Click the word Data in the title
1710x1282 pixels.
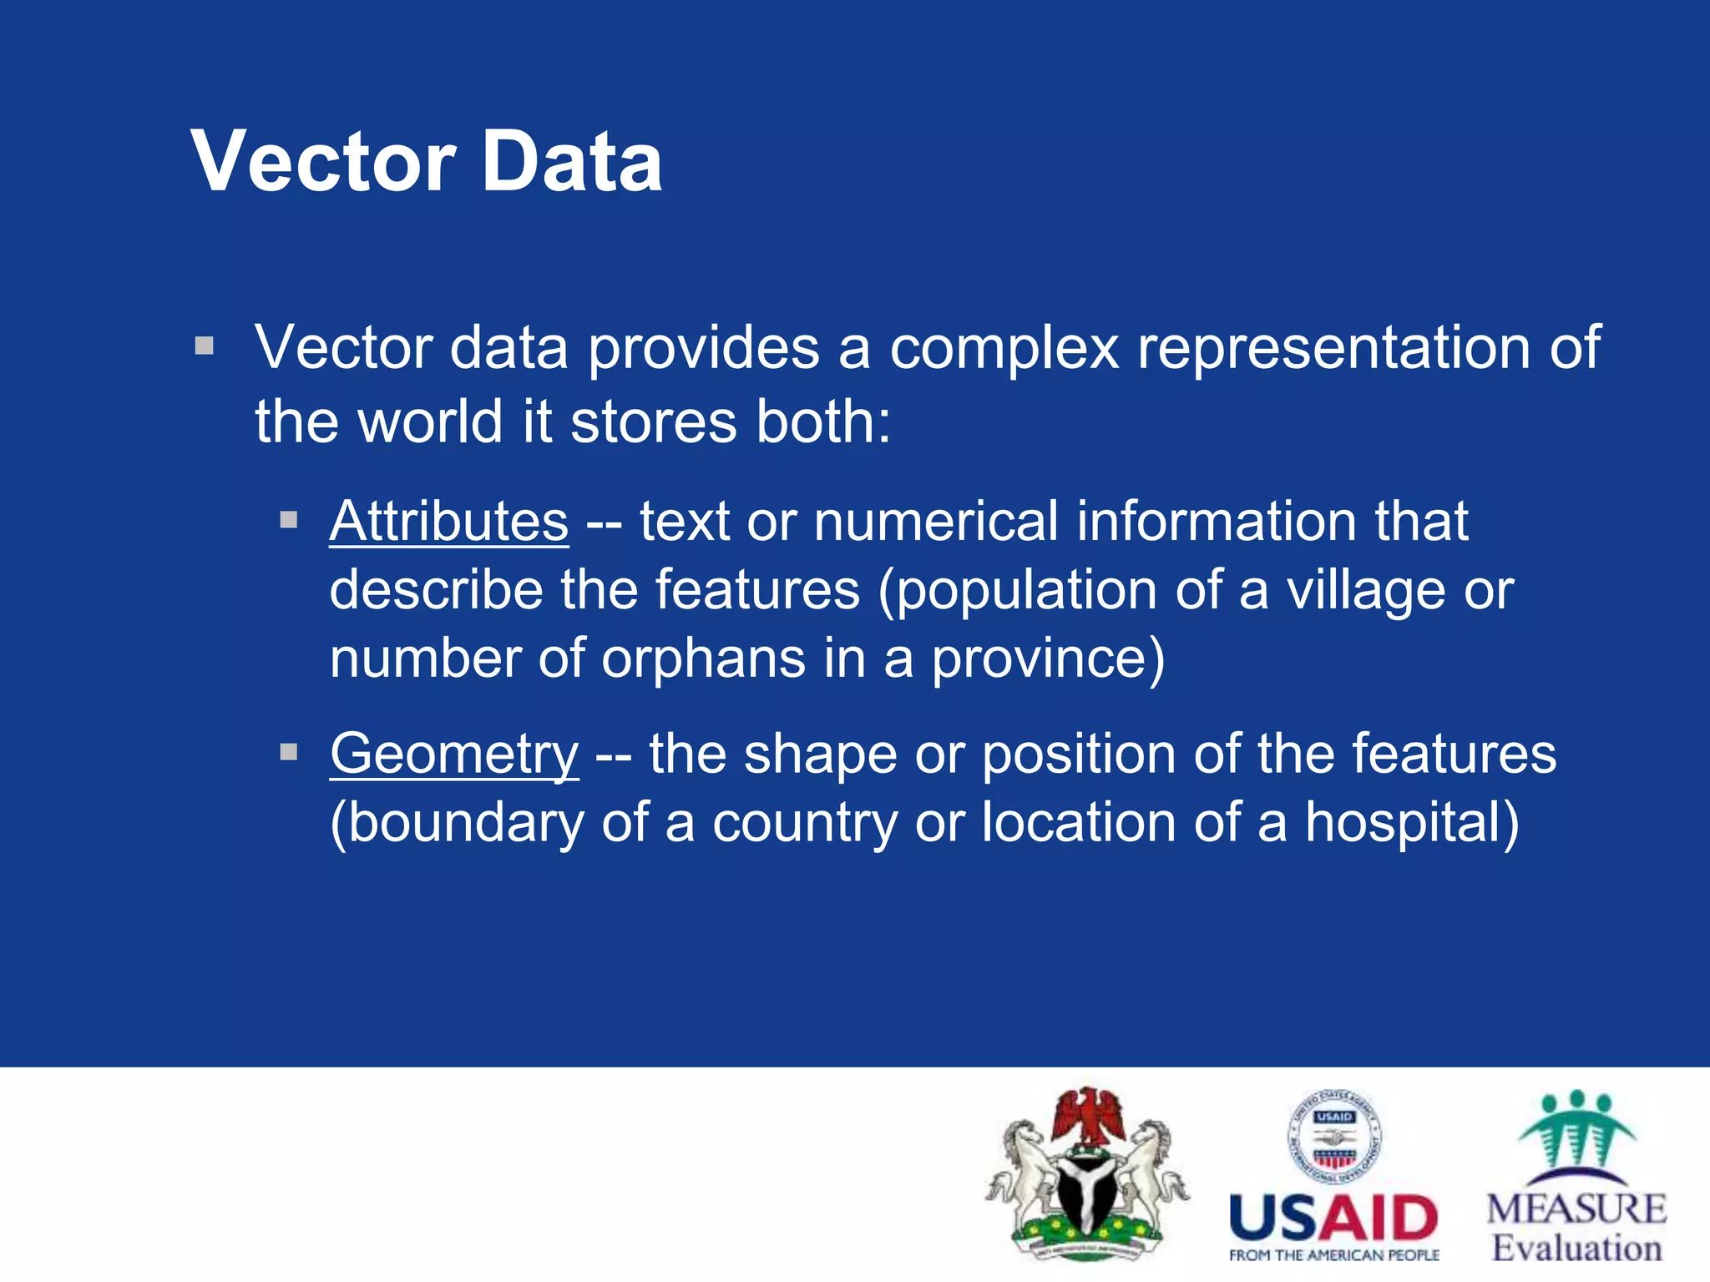pyautogui.click(x=572, y=162)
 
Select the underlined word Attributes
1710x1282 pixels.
pyautogui.click(x=449, y=522)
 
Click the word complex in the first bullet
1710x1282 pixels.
pyautogui.click(x=1004, y=349)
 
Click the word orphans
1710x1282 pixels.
pyautogui.click(x=703, y=659)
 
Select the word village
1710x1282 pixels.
pyautogui.click(x=1364, y=590)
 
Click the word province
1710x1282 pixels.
pyautogui.click(x=1048, y=659)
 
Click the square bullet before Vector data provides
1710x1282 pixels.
pyautogui.click(x=205, y=346)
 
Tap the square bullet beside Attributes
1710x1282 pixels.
pyautogui.click(x=289, y=521)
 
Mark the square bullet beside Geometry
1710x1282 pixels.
pyautogui.click(x=289, y=753)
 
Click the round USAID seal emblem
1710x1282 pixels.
pyautogui.click(x=1333, y=1137)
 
